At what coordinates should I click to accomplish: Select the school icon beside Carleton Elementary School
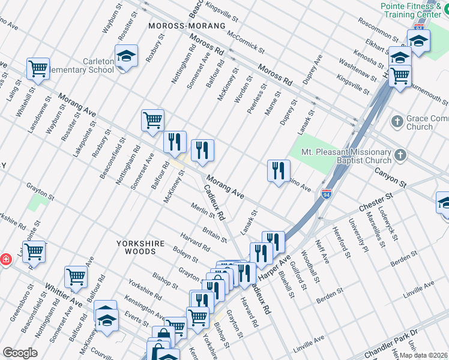[x=126, y=56]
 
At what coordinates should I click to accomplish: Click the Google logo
[x=19, y=353]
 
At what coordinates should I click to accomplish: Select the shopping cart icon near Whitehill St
[x=38, y=68]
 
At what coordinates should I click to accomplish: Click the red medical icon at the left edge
[x=5, y=259]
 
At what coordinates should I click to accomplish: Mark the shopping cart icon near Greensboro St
[x=34, y=251]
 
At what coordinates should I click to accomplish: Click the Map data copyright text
[x=423, y=355]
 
